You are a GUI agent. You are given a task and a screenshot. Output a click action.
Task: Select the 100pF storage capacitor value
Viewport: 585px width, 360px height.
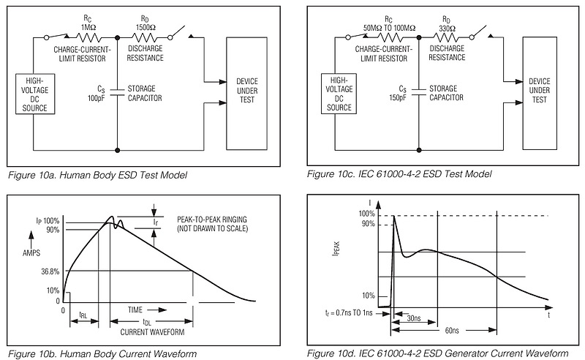pyautogui.click(x=96, y=97)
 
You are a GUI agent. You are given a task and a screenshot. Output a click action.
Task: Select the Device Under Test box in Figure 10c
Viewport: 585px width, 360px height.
pyautogui.click(x=539, y=90)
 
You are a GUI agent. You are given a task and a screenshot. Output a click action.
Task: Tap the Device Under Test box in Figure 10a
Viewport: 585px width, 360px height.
pyautogui.click(x=247, y=90)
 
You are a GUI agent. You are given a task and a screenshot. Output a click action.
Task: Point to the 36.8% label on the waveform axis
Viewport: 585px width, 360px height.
pyautogui.click(x=51, y=271)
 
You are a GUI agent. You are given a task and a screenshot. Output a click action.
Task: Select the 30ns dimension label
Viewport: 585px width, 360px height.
pyautogui.click(x=414, y=318)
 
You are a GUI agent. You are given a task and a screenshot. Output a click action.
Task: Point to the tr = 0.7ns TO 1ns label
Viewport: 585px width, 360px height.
pyautogui.click(x=347, y=312)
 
